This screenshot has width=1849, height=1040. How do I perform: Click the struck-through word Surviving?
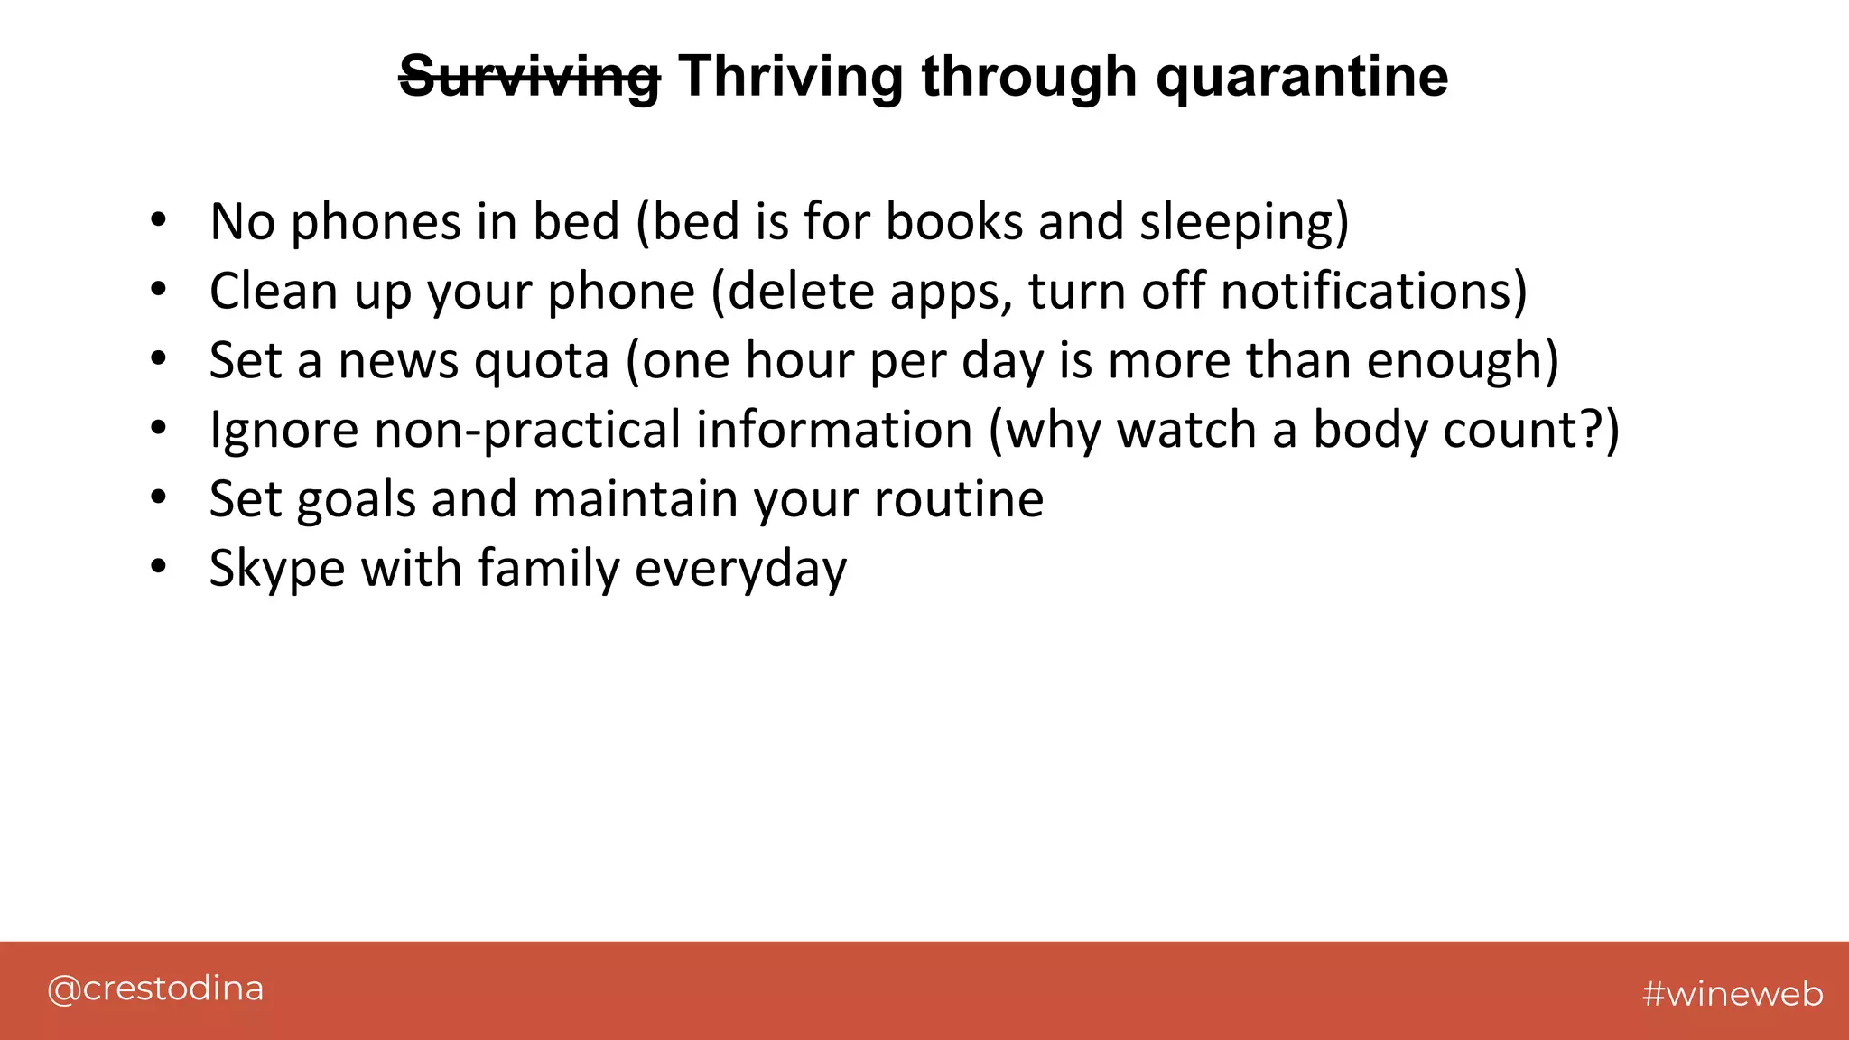click(x=529, y=77)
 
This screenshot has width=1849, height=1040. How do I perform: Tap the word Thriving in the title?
click(x=790, y=77)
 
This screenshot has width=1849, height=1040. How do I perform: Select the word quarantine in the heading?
click(x=1302, y=77)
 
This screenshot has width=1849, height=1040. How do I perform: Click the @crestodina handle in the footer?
click(x=155, y=989)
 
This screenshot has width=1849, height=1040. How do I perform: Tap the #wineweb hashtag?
click(x=1733, y=993)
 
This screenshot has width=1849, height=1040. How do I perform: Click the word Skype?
click(x=277, y=569)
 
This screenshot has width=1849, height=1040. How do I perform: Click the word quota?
click(x=542, y=361)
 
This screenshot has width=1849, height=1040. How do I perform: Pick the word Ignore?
click(x=284, y=430)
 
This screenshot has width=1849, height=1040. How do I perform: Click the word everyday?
click(x=740, y=569)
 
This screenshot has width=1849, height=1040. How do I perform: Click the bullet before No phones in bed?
click(x=159, y=219)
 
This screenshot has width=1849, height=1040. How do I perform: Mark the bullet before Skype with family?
click(x=159, y=566)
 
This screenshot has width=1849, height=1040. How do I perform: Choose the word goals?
click(x=356, y=499)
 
